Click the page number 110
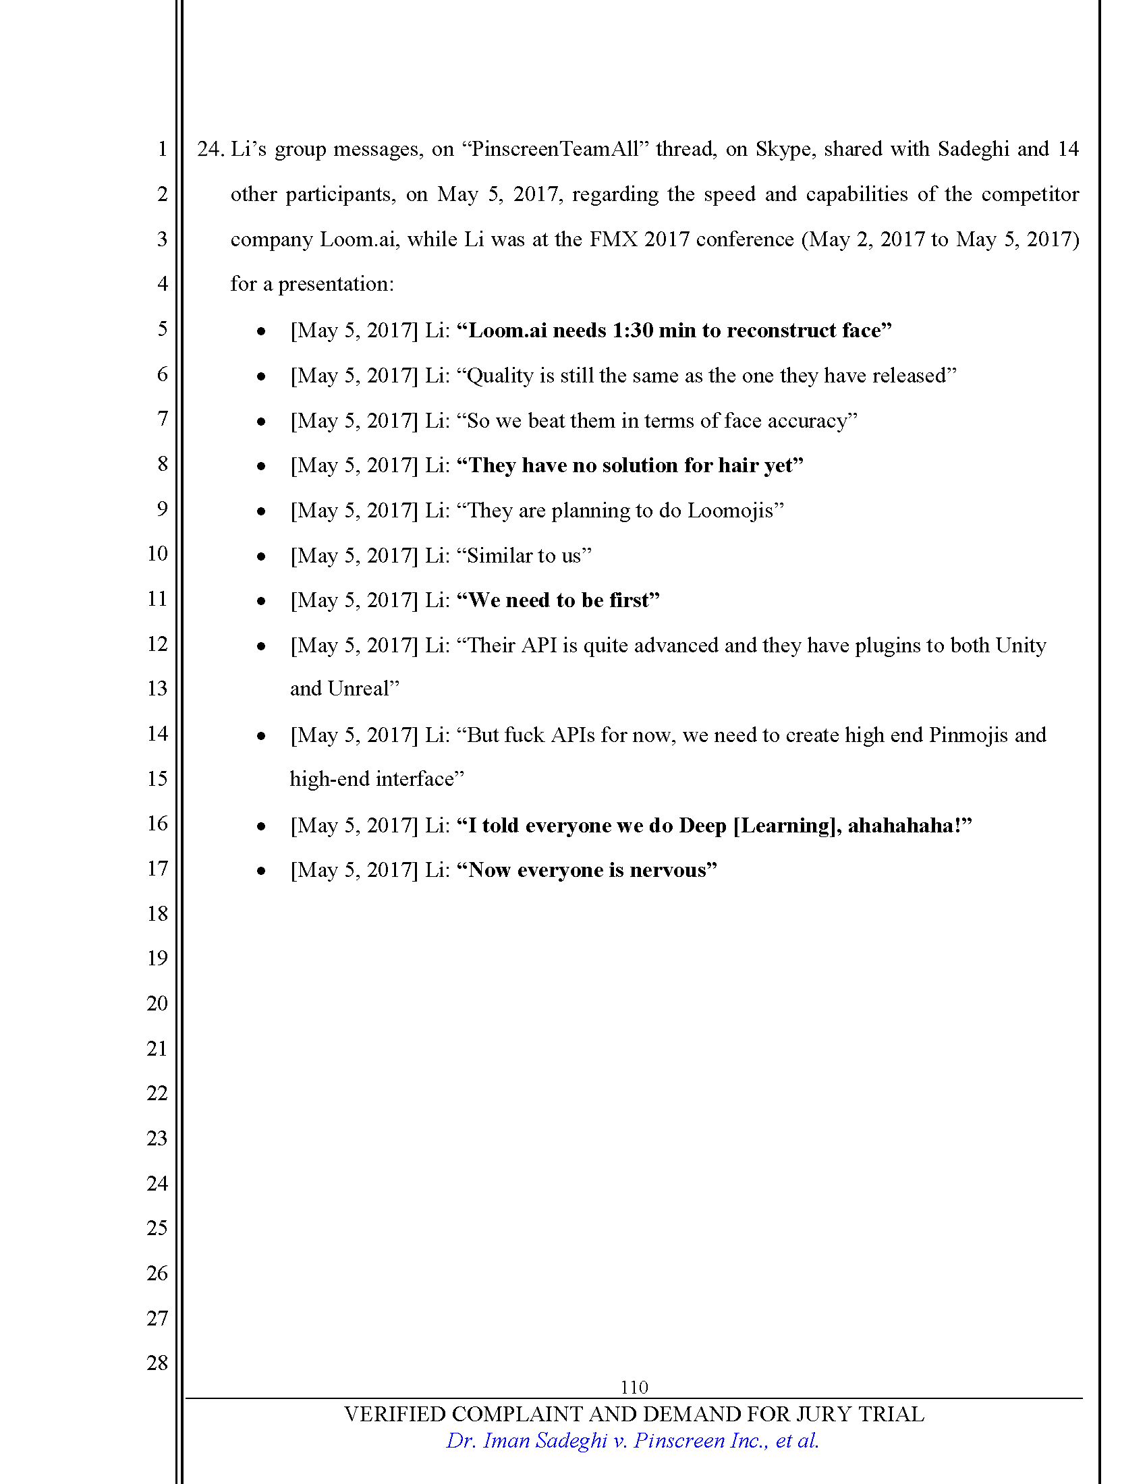634,1387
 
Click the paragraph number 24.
210,149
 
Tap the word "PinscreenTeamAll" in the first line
555,149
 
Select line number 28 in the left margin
157,1363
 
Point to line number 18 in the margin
157,913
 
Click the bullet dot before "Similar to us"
261,556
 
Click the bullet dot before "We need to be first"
261,600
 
